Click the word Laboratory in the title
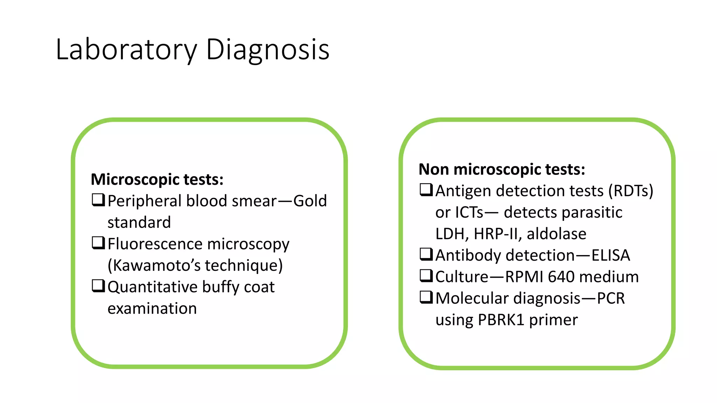pos(126,50)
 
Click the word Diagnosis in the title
pos(267,50)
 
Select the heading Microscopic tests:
pos(157,179)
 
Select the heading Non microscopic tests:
pos(502,169)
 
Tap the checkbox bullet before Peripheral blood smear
pos(98,200)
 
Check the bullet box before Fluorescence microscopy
pos(98,243)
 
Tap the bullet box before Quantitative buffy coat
pos(98,286)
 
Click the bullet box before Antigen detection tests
pos(426,190)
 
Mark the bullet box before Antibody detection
pos(426,254)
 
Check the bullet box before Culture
pos(426,276)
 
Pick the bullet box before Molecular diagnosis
pos(426,297)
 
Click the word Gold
pos(310,201)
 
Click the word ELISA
pos(611,255)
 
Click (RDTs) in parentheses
pos(631,191)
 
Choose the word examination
pos(152,309)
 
